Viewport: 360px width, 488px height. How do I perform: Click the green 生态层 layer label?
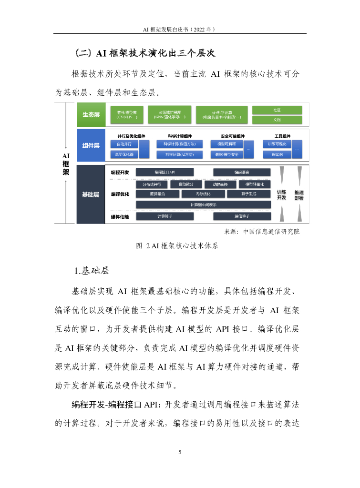tap(91, 114)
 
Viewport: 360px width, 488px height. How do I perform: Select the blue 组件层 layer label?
tap(91, 145)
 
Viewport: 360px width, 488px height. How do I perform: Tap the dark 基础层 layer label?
tap(91, 194)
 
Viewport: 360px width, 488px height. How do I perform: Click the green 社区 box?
tap(277, 110)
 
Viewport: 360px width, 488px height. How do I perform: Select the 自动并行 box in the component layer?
tap(123, 144)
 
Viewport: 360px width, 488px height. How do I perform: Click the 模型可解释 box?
tap(226, 144)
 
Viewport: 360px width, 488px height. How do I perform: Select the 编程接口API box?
tap(165, 172)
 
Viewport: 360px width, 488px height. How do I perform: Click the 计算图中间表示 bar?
tap(203, 204)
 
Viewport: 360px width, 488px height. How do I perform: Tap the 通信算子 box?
tap(242, 216)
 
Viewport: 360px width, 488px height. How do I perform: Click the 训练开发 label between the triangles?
tap(281, 194)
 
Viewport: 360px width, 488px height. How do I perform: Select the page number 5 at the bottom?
tap(180, 452)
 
